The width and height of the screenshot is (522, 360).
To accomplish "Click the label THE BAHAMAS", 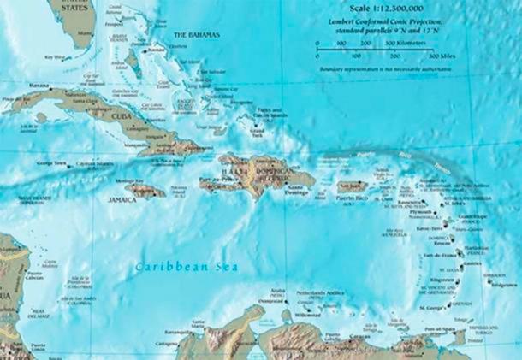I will pos(196,34).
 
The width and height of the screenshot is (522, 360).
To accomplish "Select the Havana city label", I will pos(39,86).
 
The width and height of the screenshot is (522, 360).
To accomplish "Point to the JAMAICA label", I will pos(123,199).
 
